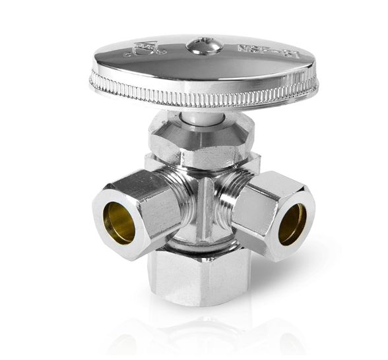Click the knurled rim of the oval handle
pyautogui.click(x=198, y=98)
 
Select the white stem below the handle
pyautogui.click(x=198, y=117)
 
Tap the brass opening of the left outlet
pyautogui.click(x=119, y=223)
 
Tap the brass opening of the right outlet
pyautogui.click(x=292, y=224)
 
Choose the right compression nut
pyautogui.click(x=264, y=204)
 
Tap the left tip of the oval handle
pyautogui.click(x=92, y=79)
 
